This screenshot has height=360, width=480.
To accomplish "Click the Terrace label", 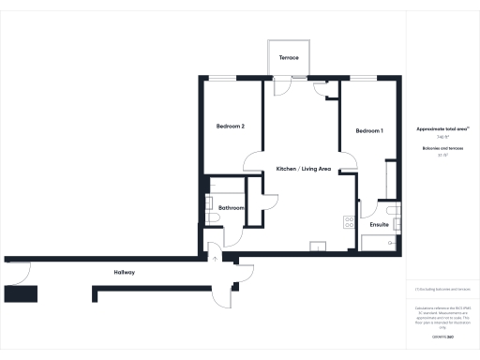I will coord(289,58).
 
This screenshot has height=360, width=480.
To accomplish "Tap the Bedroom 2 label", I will coord(231,127).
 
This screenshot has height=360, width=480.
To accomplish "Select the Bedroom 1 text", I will coord(369,131).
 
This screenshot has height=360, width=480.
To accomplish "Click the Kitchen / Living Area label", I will coord(304,169).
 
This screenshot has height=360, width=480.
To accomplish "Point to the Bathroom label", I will coord(231,207).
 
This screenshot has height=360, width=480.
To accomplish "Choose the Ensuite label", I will coord(380,226).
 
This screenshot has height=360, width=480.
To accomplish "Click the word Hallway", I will coord(125,272).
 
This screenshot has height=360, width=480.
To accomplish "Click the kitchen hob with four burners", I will coord(349,223).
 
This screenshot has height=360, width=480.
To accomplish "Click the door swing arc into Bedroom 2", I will coord(253,161).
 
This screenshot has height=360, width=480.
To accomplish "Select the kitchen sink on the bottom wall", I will coord(317,247).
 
